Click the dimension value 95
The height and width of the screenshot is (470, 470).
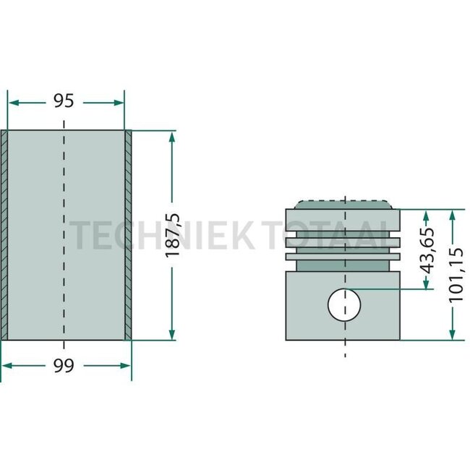(64, 101)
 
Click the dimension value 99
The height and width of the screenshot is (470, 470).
(66, 366)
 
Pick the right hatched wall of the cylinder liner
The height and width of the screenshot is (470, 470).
(128, 235)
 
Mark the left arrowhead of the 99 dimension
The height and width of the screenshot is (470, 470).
(7, 366)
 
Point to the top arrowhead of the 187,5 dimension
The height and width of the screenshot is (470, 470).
(171, 137)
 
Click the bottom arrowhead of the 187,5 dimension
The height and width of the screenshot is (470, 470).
(171, 334)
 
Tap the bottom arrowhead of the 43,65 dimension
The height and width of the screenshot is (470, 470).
(427, 283)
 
